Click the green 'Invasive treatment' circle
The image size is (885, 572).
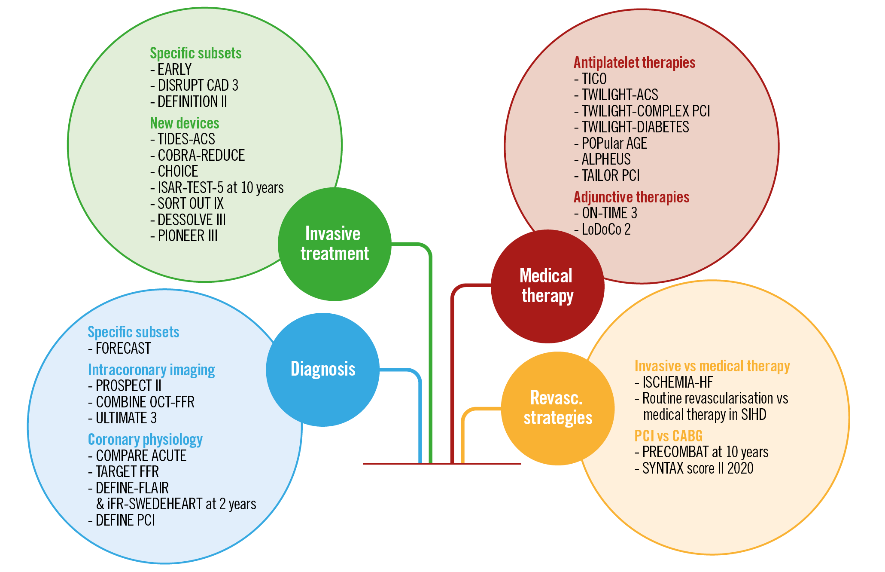[334, 244]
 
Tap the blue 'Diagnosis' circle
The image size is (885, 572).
[323, 369]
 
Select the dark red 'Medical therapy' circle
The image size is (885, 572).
[547, 286]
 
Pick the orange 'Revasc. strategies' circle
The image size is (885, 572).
[557, 408]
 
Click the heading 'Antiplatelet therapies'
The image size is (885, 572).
[634, 63]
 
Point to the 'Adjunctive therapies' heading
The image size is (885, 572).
[631, 197]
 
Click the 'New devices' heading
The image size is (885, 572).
[184, 123]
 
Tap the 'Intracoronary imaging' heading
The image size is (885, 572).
[151, 370]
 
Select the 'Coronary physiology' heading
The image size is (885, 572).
[145, 440]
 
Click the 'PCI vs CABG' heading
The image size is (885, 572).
[668, 436]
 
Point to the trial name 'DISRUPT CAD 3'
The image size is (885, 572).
[198, 86]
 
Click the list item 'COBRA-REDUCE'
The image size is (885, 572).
[201, 156]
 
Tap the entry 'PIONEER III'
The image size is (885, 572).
[187, 236]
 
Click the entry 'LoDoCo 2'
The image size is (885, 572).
[605, 229]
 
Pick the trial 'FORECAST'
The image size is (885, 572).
[123, 349]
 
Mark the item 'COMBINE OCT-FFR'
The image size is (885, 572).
[145, 402]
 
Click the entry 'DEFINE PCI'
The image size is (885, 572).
[125, 520]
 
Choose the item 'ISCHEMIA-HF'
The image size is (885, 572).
[677, 382]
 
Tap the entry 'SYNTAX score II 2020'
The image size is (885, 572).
[697, 468]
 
